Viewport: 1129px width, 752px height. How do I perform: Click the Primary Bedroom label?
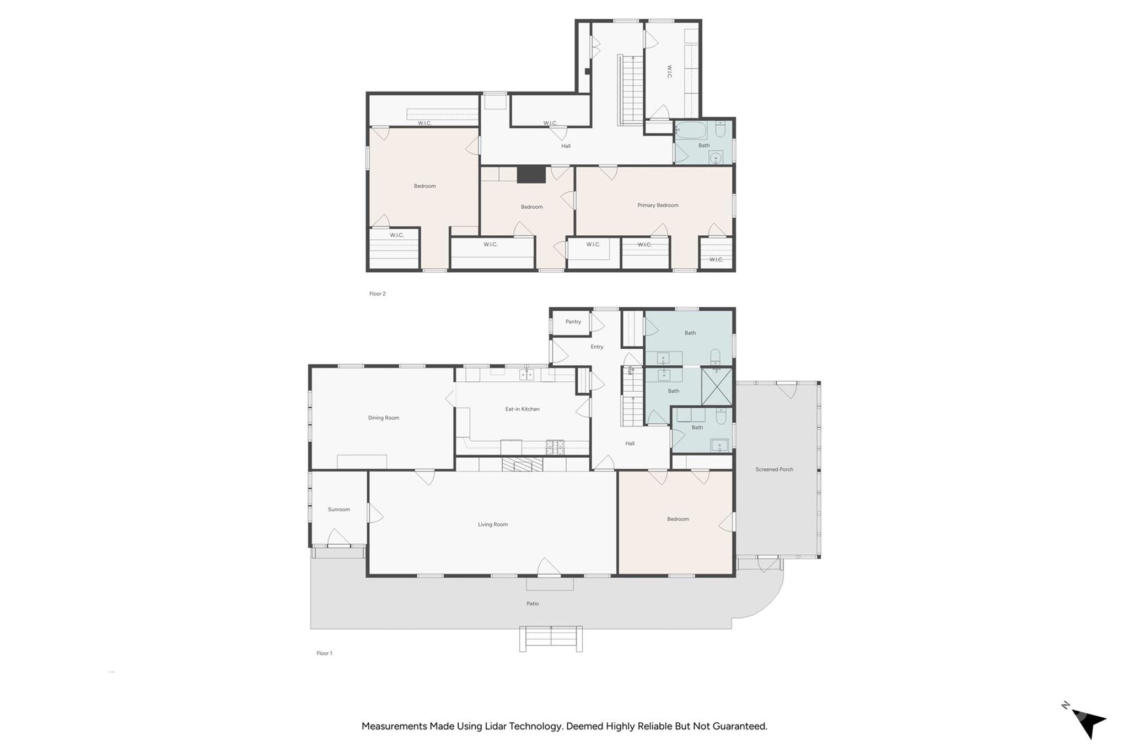tap(658, 205)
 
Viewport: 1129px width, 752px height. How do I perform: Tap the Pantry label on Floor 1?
tap(573, 322)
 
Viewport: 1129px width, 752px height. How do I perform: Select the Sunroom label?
tap(339, 510)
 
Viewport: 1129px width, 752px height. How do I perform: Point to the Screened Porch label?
tap(775, 469)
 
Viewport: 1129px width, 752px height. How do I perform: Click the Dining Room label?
tap(384, 418)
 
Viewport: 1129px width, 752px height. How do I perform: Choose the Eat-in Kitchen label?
tap(523, 409)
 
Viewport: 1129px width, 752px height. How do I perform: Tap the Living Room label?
tap(493, 524)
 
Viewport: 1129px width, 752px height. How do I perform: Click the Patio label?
tap(533, 604)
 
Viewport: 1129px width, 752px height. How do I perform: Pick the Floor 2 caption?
tap(378, 294)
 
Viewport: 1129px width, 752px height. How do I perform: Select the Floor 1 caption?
tap(324, 653)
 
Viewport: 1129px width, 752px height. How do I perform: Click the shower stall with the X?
tap(717, 387)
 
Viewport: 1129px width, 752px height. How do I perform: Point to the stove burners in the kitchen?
tap(555, 447)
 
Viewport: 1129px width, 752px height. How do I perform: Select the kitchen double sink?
tap(526, 375)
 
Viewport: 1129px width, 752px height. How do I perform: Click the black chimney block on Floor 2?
tap(531, 175)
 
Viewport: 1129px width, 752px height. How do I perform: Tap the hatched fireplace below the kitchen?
tap(522, 464)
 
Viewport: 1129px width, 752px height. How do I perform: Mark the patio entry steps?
tap(551, 639)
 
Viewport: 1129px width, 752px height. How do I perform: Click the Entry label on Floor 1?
tap(597, 347)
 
